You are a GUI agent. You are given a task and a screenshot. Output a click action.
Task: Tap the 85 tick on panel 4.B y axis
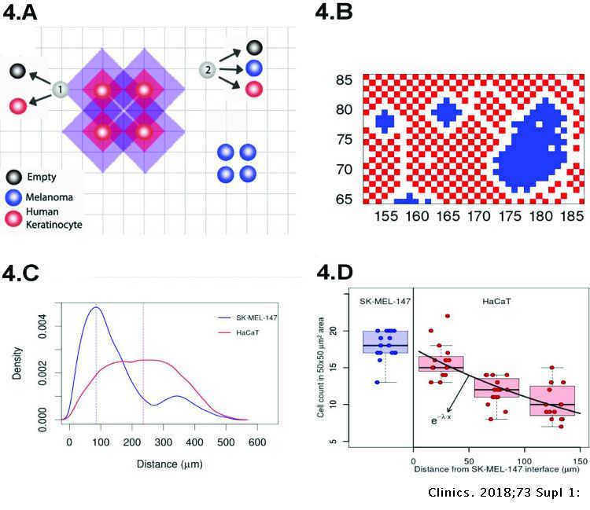345,80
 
